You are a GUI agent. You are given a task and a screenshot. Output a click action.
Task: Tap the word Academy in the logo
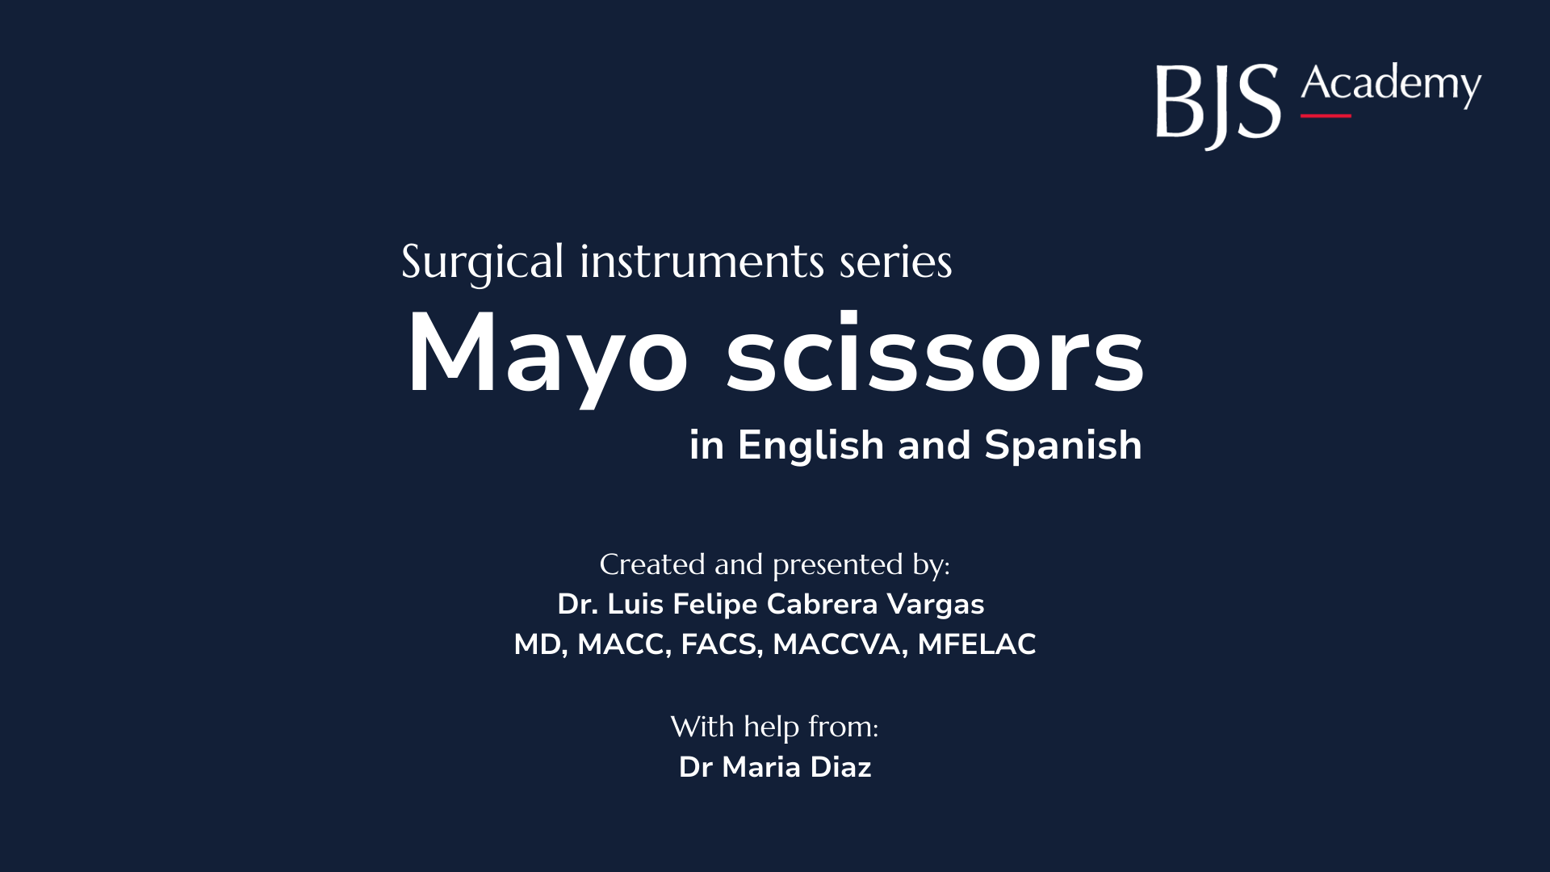(x=1390, y=85)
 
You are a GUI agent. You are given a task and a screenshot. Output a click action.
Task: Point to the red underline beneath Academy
(x=1325, y=116)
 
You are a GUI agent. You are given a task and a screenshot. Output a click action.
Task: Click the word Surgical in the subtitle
(x=482, y=262)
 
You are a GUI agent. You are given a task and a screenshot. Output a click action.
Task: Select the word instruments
(x=702, y=262)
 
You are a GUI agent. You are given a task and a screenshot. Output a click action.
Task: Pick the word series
(x=895, y=262)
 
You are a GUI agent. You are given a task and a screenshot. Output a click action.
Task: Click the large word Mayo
(x=547, y=355)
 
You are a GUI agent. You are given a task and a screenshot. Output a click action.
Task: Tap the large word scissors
(x=935, y=355)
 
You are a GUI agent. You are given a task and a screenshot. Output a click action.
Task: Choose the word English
(x=811, y=446)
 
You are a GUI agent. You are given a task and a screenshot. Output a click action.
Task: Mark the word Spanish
(x=1063, y=446)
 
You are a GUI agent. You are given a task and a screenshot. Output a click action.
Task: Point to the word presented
(x=837, y=565)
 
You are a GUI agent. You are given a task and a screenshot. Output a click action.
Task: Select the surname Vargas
(x=936, y=604)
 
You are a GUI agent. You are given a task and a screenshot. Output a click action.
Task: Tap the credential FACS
(x=721, y=644)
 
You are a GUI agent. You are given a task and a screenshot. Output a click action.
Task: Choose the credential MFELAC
(x=976, y=644)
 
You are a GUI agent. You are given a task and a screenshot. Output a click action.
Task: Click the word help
(x=772, y=727)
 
